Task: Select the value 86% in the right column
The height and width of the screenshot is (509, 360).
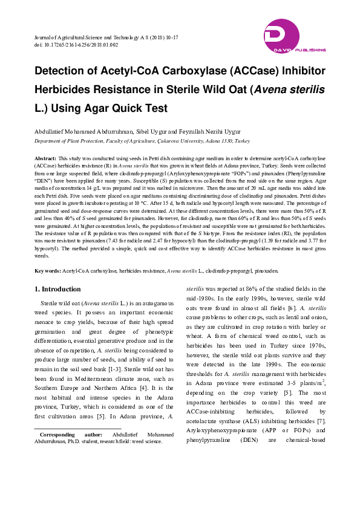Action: (254, 289)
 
